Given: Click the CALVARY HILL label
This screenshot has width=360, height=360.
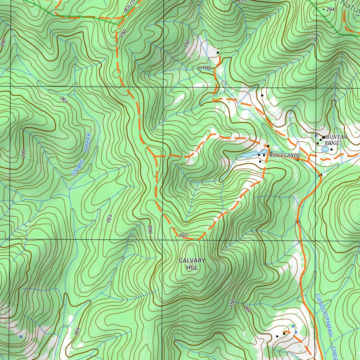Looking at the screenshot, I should [192, 264].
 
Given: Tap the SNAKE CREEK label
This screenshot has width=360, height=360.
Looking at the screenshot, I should [82, 154].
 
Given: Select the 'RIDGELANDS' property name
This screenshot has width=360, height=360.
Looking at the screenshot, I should [285, 155].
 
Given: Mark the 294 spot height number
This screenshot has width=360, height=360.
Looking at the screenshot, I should [330, 9].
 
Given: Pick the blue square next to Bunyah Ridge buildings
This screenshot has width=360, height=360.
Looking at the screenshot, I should [316, 135].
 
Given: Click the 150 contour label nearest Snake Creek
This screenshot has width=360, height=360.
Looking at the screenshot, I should [63, 99].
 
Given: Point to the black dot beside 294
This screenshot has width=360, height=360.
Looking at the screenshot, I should [323, 9].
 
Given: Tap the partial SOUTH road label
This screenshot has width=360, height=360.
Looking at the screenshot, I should [129, 6].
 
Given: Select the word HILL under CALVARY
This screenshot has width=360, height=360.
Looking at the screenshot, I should [192, 268].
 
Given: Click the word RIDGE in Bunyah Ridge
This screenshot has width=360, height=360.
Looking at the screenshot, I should [332, 143].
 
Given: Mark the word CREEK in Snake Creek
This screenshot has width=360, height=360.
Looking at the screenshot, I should [86, 142].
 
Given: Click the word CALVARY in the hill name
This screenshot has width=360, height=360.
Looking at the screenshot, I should [192, 261].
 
